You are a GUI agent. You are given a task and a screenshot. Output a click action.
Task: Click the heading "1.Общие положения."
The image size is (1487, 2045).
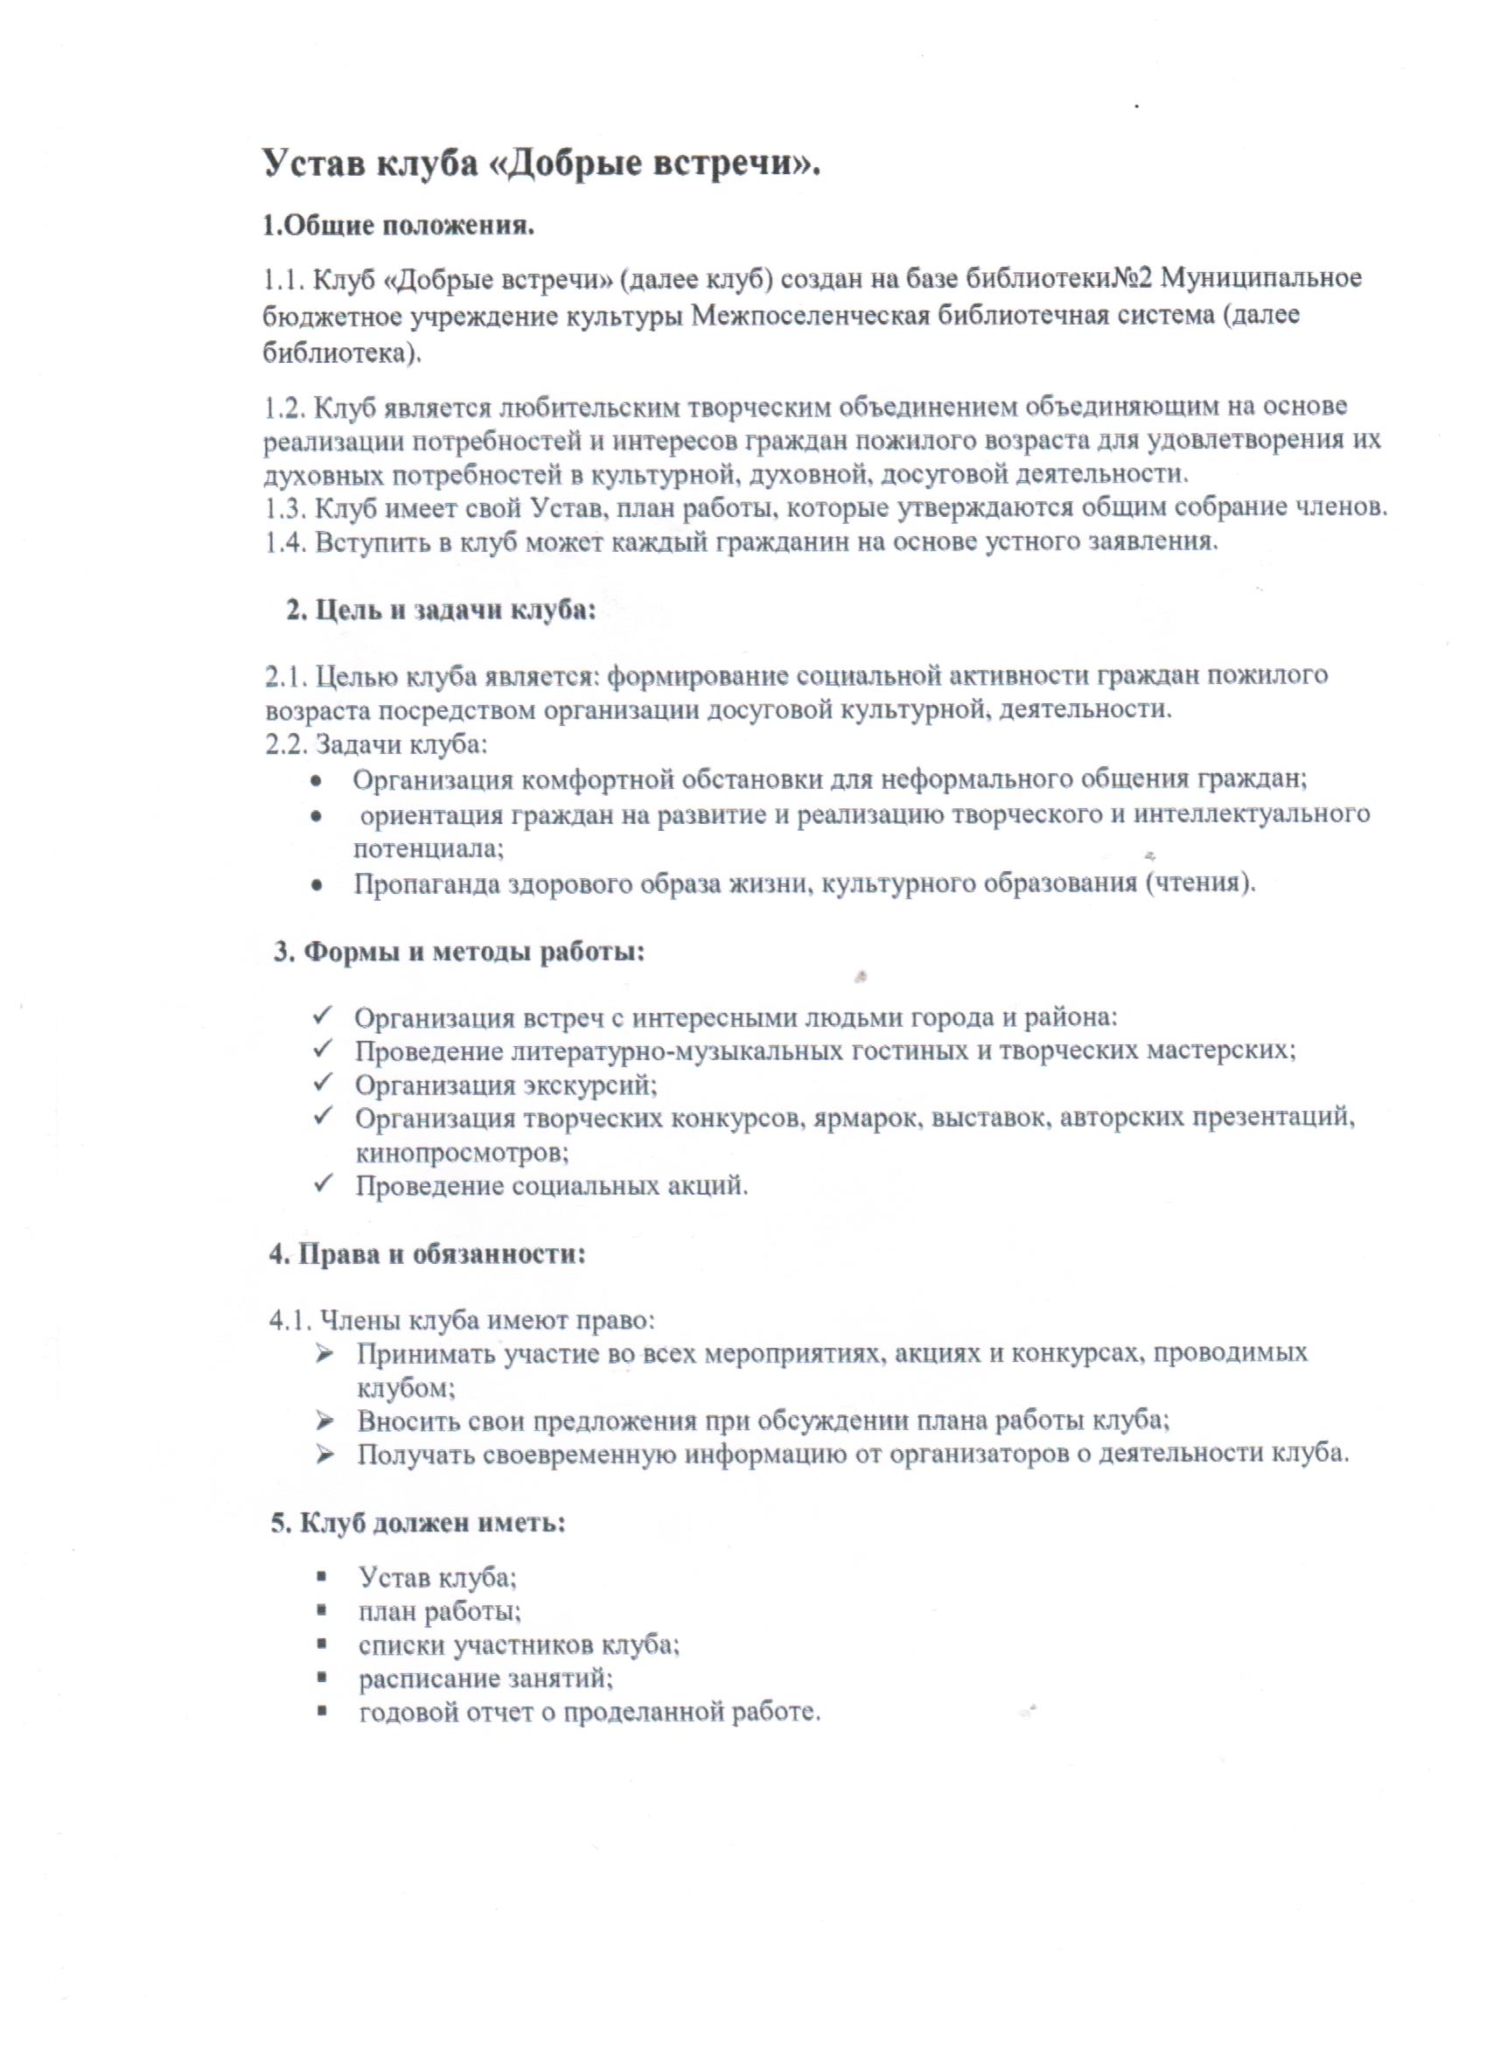[x=398, y=225]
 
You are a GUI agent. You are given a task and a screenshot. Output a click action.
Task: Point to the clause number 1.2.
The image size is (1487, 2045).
[x=284, y=408]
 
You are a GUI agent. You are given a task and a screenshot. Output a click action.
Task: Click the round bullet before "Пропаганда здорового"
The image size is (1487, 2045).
[x=317, y=884]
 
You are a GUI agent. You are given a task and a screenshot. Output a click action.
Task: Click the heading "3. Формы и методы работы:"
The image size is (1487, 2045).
[x=460, y=952]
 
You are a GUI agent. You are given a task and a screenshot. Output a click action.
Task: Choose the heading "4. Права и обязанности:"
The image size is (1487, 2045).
[x=428, y=1253]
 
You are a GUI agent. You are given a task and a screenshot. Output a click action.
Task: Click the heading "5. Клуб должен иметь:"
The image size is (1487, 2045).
[x=418, y=1523]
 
